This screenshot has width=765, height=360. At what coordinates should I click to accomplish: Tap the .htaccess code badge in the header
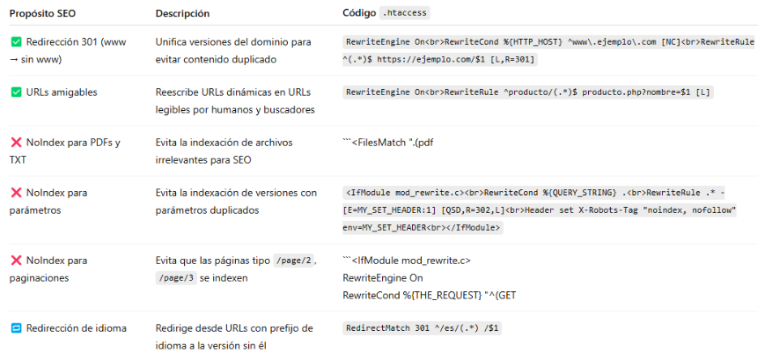pyautogui.click(x=404, y=13)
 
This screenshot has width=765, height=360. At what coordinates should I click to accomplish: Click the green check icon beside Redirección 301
pyautogui.click(x=16, y=42)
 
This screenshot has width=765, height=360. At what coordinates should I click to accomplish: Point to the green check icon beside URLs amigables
pyautogui.click(x=16, y=92)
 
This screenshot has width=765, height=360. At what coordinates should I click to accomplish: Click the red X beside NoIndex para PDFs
pyautogui.click(x=16, y=143)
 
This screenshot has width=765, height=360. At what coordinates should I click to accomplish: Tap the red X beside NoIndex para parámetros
pyautogui.click(x=16, y=192)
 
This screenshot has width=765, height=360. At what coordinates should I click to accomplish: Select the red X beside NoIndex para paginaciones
pyautogui.click(x=16, y=261)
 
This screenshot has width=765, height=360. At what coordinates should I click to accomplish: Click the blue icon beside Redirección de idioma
pyautogui.click(x=16, y=328)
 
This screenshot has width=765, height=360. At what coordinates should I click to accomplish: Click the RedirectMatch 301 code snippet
pyautogui.click(x=423, y=328)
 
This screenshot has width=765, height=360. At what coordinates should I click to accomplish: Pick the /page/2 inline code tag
pyautogui.click(x=294, y=261)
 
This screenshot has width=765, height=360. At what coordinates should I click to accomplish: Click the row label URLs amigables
pyautogui.click(x=62, y=92)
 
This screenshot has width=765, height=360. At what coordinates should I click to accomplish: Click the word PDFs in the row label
pyautogui.click(x=104, y=143)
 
